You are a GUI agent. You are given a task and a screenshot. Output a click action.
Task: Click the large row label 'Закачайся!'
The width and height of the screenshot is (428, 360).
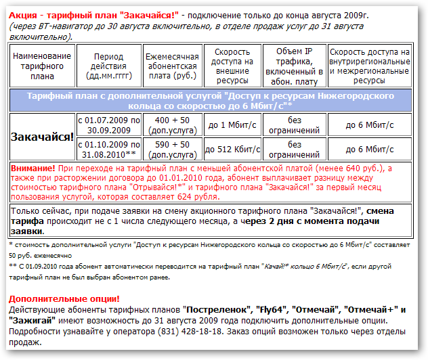pos(42,136)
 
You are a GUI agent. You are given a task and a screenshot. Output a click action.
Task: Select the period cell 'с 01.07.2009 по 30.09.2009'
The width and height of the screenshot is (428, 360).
pos(109,125)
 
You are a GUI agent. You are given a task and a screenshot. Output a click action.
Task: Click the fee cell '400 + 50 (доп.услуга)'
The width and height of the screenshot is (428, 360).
pos(172,125)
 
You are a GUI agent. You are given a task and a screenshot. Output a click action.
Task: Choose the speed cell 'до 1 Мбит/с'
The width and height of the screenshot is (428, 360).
pos(231,125)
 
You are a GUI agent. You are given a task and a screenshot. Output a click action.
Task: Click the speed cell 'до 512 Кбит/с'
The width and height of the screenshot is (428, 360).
pos(231,148)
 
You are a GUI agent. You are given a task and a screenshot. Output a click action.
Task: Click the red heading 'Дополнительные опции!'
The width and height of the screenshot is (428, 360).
pos(64,298)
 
